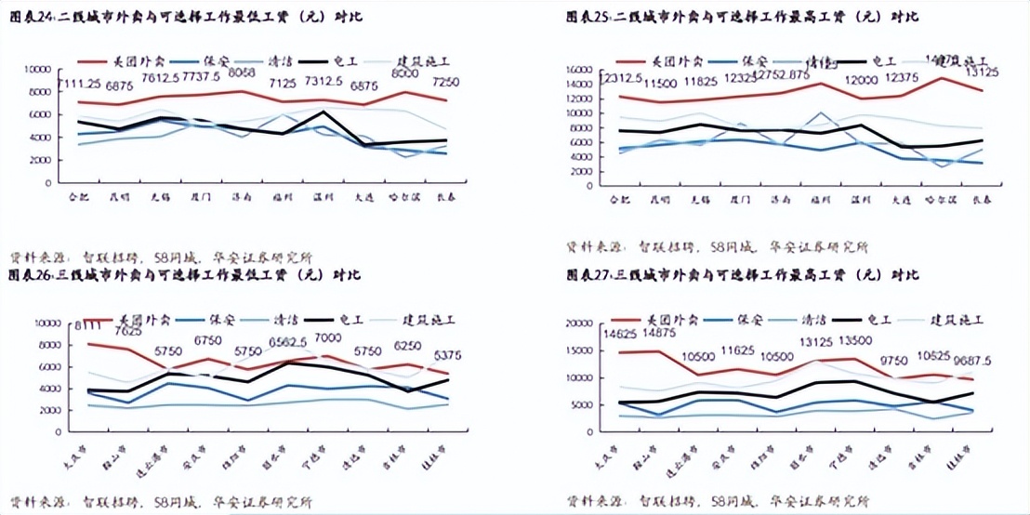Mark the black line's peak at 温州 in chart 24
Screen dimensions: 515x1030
[x=322, y=112]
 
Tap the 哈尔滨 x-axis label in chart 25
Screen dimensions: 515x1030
[x=941, y=199]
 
